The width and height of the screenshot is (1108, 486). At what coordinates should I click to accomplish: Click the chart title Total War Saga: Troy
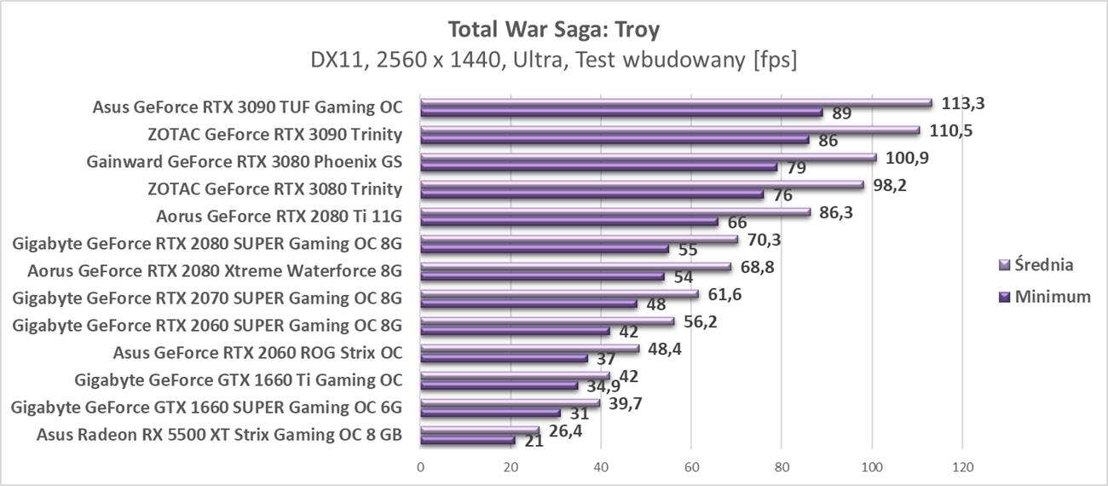pos(553,30)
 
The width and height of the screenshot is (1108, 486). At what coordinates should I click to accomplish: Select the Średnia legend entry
pos(1036,264)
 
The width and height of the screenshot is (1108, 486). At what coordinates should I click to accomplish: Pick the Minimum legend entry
pos(1043,297)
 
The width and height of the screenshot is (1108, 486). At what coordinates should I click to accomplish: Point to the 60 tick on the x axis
pos(690,467)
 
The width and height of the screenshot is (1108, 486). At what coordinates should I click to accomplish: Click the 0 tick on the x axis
pos(420,467)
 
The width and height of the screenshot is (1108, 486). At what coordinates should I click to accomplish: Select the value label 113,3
pos(963,103)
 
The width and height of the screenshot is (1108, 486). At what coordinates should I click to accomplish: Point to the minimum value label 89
pos(841,113)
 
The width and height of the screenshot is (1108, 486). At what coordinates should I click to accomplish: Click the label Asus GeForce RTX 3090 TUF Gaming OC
pos(247,107)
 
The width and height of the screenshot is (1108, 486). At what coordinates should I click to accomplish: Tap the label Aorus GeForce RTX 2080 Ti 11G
pos(280,216)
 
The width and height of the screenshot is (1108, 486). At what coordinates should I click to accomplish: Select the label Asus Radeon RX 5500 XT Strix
pos(220,435)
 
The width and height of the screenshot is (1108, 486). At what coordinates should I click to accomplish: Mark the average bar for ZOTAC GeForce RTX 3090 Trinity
pos(670,130)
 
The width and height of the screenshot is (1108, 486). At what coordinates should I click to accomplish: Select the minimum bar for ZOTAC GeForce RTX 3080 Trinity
pos(592,194)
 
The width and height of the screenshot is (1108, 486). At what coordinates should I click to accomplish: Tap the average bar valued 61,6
pos(559,294)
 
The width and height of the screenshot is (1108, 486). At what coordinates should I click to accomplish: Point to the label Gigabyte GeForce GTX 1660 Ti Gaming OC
pos(239,380)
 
